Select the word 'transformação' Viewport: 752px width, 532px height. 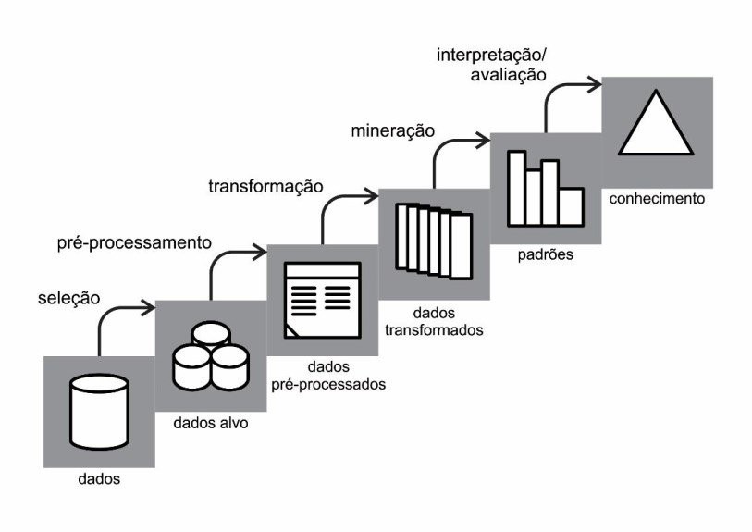coord(265,186)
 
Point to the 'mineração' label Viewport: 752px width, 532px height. coord(392,130)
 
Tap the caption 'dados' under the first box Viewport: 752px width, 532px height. coord(99,479)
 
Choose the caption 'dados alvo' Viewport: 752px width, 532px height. coord(211,424)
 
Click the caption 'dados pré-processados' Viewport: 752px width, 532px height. coord(328,375)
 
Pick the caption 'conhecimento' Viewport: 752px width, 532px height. coord(657,198)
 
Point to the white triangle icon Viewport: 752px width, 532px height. coord(656,125)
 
